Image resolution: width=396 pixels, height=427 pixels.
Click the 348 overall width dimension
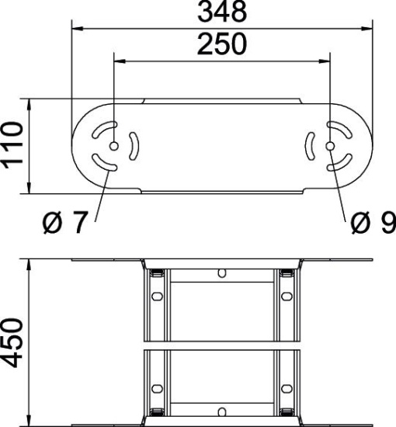click(x=221, y=12)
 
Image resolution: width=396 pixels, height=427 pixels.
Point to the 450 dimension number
click(x=13, y=342)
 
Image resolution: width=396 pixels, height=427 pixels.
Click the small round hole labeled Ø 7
click(x=114, y=147)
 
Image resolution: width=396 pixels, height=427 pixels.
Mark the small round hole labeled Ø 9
click(x=331, y=147)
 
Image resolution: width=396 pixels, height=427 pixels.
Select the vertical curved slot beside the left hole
click(x=134, y=146)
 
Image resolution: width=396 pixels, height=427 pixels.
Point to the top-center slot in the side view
click(x=222, y=273)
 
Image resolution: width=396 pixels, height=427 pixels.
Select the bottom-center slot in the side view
click(x=222, y=411)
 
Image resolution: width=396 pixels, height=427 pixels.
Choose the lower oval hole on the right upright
click(x=287, y=387)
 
